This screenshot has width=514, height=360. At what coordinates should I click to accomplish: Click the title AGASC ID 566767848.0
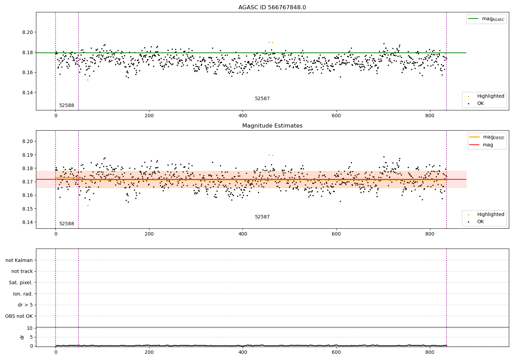click(x=272, y=8)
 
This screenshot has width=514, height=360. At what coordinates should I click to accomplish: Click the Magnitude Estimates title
click(x=272, y=126)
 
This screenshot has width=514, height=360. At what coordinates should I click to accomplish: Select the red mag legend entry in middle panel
click(x=488, y=145)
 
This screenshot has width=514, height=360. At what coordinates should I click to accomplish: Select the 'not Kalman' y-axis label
click(x=19, y=260)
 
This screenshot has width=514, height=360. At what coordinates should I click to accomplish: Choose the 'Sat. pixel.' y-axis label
click(x=21, y=283)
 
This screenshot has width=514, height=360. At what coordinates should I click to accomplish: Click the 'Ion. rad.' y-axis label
click(x=23, y=294)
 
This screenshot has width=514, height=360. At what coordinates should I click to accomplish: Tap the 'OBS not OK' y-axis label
click(x=19, y=316)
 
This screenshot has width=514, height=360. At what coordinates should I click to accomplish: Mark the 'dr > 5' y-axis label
click(x=25, y=305)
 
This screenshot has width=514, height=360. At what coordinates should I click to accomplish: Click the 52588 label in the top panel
click(x=66, y=106)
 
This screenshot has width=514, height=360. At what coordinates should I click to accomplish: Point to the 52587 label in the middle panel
click(x=262, y=217)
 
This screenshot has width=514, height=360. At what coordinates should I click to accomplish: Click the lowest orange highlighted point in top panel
click(x=88, y=80)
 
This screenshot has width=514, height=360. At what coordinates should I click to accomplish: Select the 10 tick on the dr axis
click(x=29, y=328)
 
